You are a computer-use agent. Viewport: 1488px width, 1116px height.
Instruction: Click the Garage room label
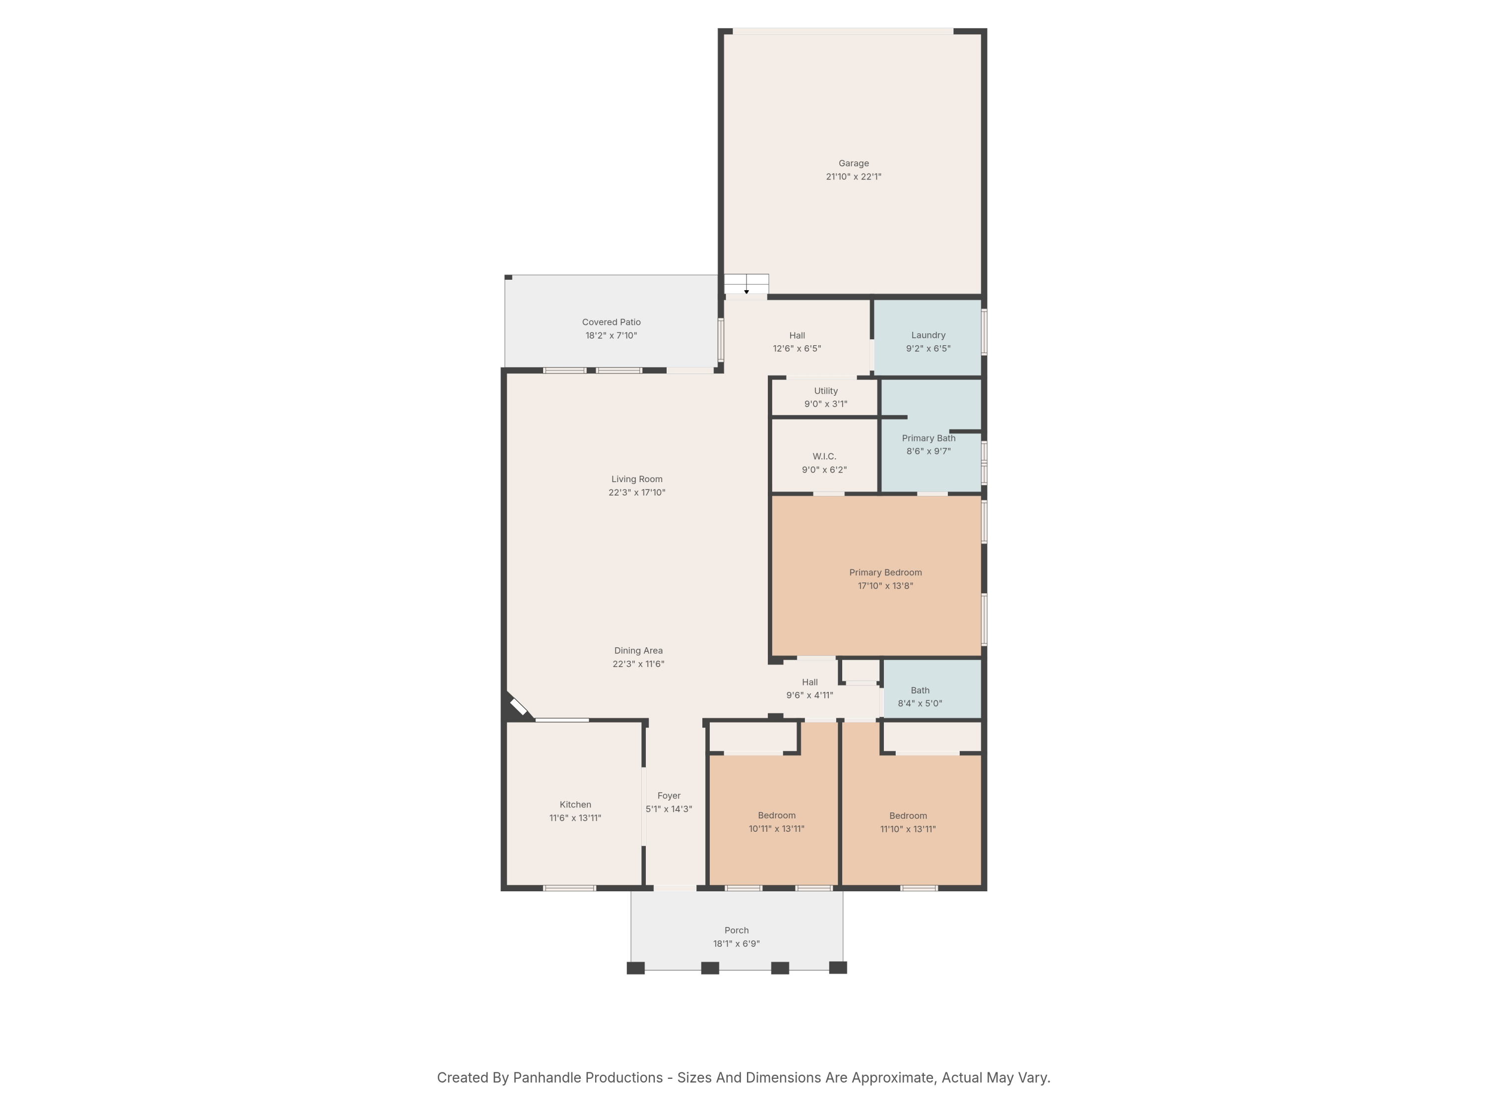point(853,164)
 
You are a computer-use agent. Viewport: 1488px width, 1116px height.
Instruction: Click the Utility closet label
point(825,391)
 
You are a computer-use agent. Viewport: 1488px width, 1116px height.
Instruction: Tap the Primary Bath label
point(929,438)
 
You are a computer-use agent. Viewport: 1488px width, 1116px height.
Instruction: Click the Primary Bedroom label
point(885,572)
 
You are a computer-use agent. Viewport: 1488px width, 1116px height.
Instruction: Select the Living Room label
point(636,479)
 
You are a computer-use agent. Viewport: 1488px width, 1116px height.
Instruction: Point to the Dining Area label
point(638,650)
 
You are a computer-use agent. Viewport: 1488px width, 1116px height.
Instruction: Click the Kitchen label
point(575,805)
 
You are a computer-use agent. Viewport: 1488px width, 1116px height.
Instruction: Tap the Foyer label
point(669,796)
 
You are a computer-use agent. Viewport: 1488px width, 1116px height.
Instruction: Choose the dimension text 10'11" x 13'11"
point(776,829)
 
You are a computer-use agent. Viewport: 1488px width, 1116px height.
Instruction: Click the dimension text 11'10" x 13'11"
point(908,829)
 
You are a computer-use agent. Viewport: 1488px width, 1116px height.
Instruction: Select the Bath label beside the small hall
point(920,690)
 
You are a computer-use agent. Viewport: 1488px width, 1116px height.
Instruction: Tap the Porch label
point(736,930)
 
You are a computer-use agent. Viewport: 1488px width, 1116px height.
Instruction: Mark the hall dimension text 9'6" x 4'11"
point(809,695)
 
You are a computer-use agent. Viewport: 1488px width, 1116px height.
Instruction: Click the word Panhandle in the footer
point(554,1078)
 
